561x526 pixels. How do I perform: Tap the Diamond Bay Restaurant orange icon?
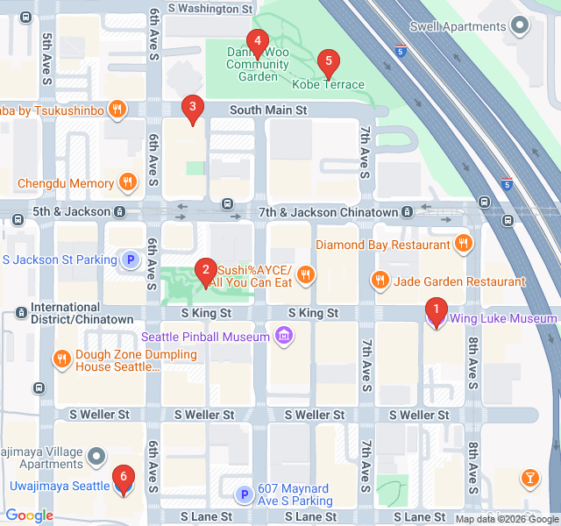coord(463,244)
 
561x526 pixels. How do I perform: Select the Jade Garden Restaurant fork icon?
coord(380,281)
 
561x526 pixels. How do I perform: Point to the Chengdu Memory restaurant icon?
coord(128,183)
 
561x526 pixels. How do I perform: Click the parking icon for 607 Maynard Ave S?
coord(245,495)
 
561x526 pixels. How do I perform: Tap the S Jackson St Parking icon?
coord(131,259)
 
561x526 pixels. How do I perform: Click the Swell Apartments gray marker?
coord(521,25)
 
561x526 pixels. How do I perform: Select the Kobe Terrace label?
coord(328,85)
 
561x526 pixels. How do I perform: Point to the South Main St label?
coord(268,110)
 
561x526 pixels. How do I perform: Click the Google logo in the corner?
coord(29,515)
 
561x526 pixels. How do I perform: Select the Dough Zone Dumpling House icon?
coord(61,359)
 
